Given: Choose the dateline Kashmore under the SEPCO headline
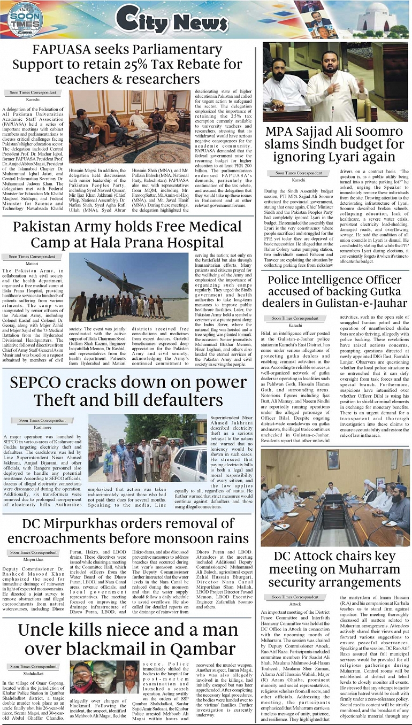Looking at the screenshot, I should (x=43, y=427).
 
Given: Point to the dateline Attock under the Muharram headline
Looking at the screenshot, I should (x=295, y=604).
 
